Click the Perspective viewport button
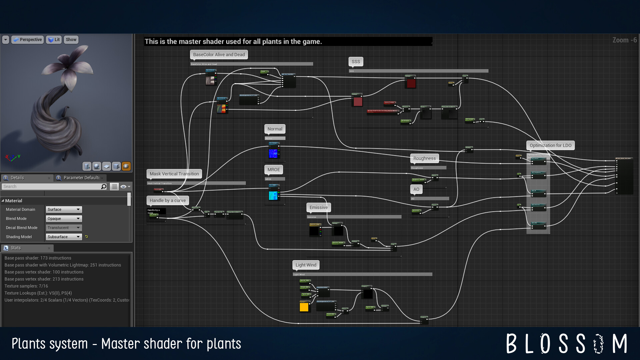pos(28,39)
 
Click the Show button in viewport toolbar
pos(71,39)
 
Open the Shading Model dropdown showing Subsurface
pos(64,237)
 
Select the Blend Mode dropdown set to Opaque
pos(64,219)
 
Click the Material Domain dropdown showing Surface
pos(64,209)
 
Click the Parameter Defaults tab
pos(81,178)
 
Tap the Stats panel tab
pos(16,248)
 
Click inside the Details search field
pos(52,187)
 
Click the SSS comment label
pos(356,62)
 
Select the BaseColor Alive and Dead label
pos(219,55)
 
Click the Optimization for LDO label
pos(550,145)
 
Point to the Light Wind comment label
pos(306,265)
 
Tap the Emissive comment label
pos(318,207)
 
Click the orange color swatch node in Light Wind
pos(304,307)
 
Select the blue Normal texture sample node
pos(273,153)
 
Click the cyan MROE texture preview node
pos(273,195)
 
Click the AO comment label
pos(416,189)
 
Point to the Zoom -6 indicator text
pos(624,40)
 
